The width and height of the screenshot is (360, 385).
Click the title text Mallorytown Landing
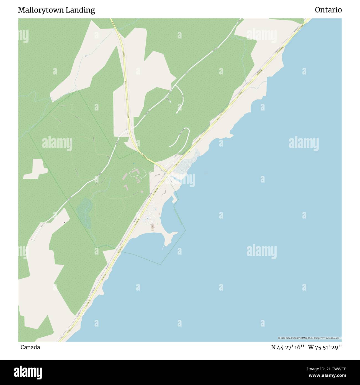56,10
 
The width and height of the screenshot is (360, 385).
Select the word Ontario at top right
328,10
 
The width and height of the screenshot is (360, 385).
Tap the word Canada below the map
30,347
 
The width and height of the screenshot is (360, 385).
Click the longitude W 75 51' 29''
325,347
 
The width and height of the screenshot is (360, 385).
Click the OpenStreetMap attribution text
309,338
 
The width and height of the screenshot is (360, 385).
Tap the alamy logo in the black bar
28,372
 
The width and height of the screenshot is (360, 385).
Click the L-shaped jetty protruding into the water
174,199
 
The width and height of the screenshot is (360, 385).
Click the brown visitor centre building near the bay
152,226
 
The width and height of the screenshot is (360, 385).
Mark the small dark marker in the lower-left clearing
65,222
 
